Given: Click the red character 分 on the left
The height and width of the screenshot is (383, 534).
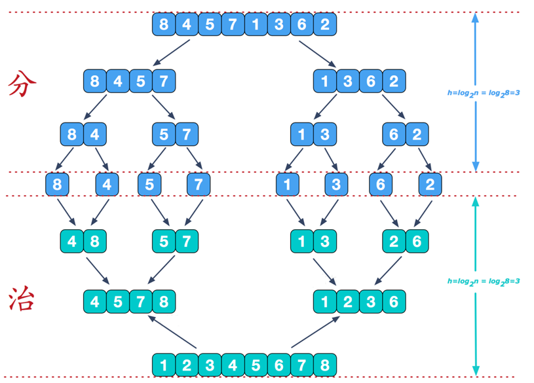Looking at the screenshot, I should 22,84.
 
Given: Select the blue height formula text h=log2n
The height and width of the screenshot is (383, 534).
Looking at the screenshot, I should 484,93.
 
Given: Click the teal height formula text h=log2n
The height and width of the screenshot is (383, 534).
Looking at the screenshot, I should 484,282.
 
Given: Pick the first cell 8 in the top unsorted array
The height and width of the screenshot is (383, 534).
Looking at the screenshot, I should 164,26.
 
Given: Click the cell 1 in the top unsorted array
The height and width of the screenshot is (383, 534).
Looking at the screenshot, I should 256,26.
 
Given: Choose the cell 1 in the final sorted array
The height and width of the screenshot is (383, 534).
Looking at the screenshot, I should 164,365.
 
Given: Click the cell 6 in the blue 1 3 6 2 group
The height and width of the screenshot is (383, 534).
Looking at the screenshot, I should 371,82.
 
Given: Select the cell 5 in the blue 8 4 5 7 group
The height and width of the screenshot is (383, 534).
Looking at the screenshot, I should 141,82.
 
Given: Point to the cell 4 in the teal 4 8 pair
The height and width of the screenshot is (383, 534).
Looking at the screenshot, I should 72,242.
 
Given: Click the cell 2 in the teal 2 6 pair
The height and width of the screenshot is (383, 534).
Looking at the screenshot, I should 394,242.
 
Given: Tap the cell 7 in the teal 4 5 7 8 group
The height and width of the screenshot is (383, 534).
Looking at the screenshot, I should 141,302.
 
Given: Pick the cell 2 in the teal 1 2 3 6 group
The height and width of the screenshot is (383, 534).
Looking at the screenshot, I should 348,302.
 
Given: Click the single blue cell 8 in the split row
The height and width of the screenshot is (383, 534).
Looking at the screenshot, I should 58,185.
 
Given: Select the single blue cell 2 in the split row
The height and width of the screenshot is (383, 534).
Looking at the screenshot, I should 430,185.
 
